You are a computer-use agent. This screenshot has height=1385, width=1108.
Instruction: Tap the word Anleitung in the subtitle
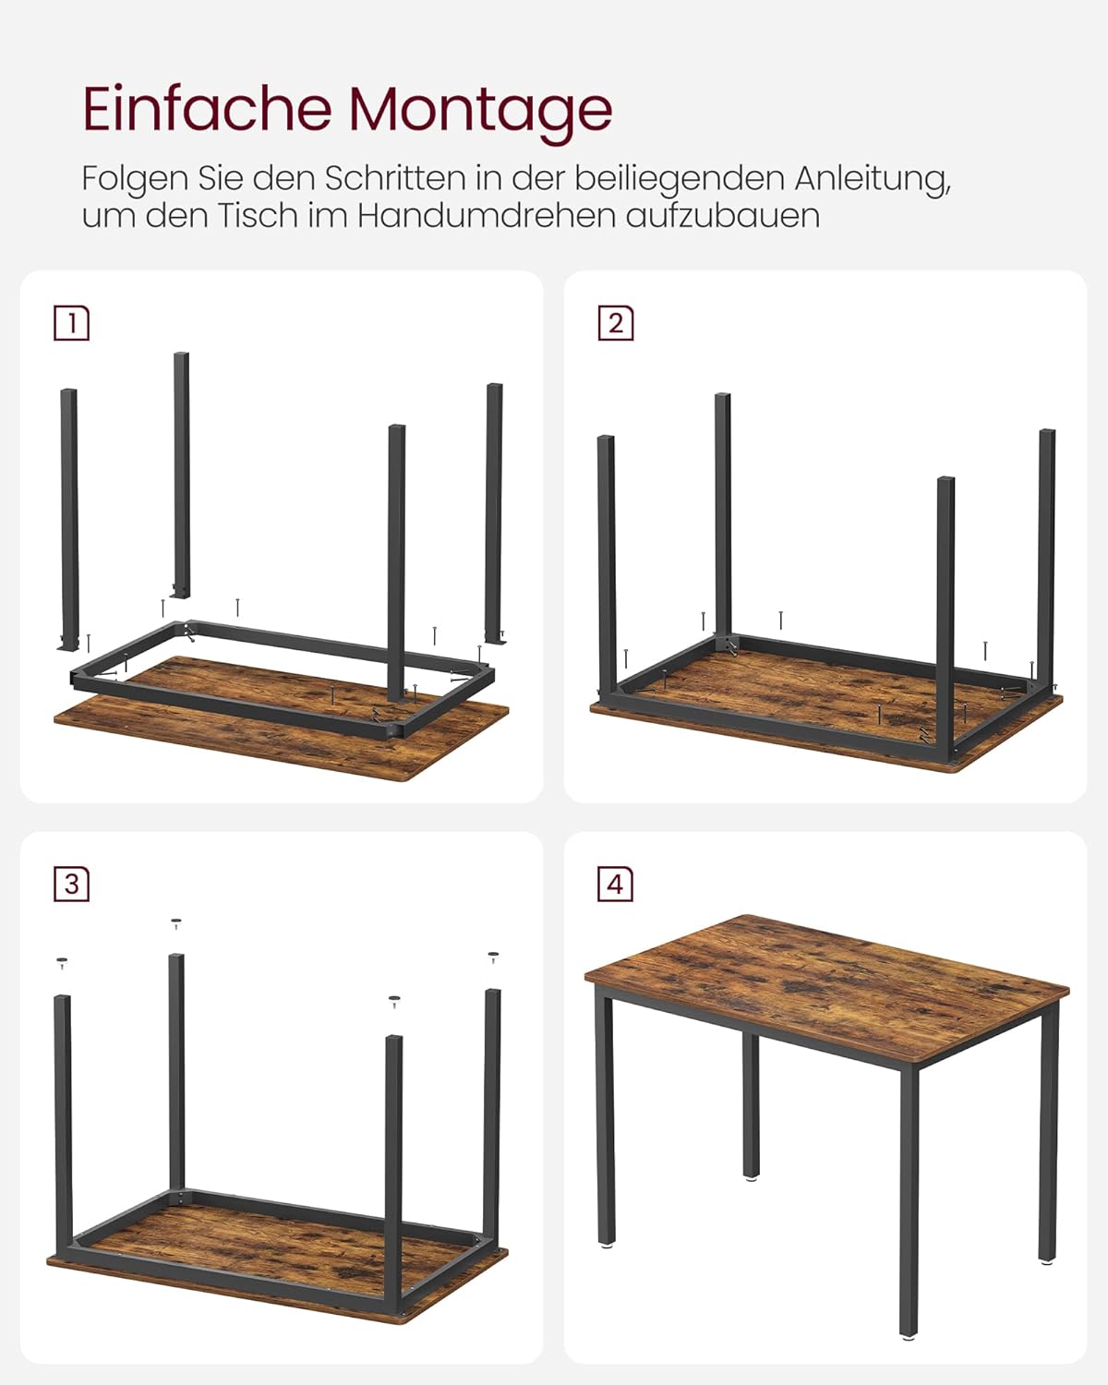[873, 177]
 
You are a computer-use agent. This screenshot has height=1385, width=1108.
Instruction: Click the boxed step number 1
[72, 323]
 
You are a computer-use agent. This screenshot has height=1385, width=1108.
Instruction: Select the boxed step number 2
[616, 323]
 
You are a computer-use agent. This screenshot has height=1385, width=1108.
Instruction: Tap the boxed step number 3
[72, 885]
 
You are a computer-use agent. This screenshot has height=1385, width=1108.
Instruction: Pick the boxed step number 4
[616, 885]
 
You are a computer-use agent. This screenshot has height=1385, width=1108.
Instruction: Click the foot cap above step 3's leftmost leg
[62, 962]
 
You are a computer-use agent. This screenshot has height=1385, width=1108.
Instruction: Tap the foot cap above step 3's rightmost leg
[493, 957]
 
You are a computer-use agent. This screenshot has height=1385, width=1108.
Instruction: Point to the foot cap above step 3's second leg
[176, 922]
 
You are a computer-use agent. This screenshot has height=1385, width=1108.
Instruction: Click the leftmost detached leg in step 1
[69, 517]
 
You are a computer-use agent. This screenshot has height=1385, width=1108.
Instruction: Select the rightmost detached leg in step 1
[494, 512]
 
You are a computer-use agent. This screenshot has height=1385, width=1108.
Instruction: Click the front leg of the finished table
[909, 1200]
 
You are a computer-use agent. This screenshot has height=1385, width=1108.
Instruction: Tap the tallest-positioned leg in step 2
[722, 517]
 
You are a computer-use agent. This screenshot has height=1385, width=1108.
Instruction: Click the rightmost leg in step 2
[1046, 554]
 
